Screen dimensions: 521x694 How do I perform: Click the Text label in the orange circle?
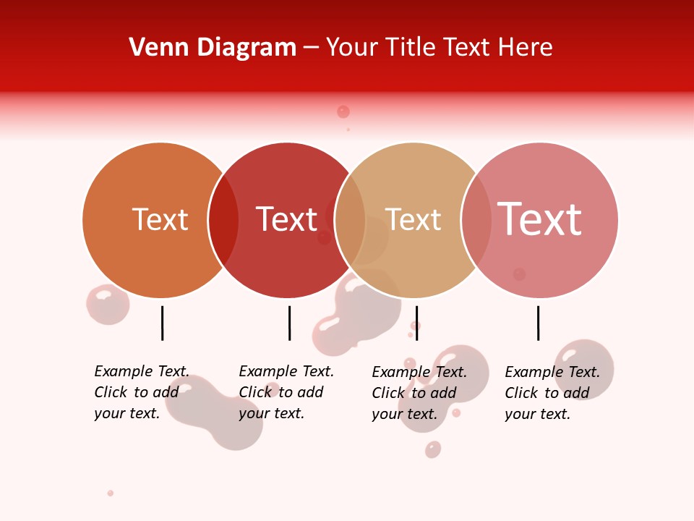coord(160,219)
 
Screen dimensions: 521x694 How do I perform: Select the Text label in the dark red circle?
coord(286,219)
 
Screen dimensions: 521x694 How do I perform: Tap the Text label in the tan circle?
coord(413,219)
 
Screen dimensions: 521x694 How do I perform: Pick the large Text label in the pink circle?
coord(539,219)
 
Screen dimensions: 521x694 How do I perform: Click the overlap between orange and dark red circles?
coord(223,220)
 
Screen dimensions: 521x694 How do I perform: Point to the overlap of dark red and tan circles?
coord(350,220)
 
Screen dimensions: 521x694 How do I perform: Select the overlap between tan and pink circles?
coord(476,220)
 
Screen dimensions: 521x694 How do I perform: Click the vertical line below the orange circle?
coord(162,323)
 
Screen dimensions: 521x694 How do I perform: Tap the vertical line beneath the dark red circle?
coord(289,323)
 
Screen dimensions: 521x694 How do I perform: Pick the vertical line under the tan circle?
coord(416,323)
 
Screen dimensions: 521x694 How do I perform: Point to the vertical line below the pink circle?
coord(538,323)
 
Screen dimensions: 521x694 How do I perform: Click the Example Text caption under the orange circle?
coord(141,392)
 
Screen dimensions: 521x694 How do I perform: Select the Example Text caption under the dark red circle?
coord(286,392)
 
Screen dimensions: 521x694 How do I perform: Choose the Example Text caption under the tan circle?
coord(419,393)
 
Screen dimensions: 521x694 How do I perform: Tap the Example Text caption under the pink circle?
coord(552,393)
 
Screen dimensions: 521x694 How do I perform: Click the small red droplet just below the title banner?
coord(343,111)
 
